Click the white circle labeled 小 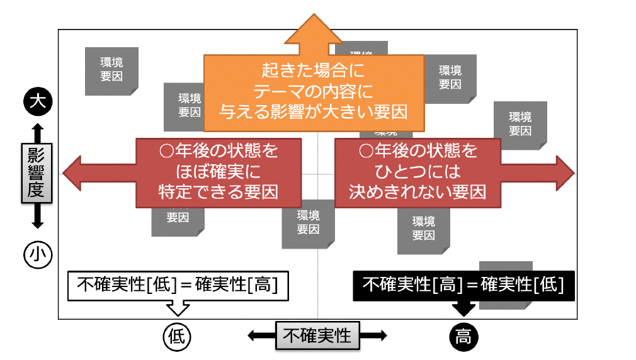point(37,254)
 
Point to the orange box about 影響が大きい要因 point(314,88)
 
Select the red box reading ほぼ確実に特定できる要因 point(219,172)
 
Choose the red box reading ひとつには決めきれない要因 point(417,172)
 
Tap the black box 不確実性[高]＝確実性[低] point(463,284)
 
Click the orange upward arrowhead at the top point(314,31)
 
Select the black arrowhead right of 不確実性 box point(382,335)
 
